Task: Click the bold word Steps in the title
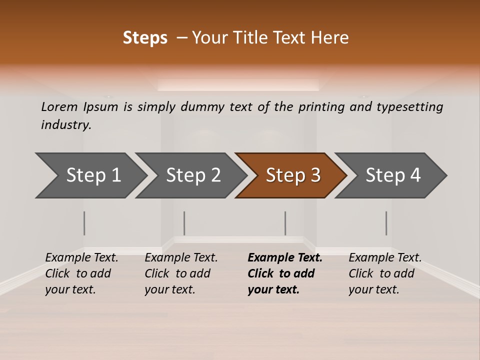pyautogui.click(x=145, y=38)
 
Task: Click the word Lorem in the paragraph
pyautogui.click(x=59, y=107)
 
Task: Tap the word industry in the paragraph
pyautogui.click(x=66, y=125)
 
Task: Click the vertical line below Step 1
pyautogui.click(x=84, y=223)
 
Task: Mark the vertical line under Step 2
pyautogui.click(x=184, y=223)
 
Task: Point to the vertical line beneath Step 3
pyautogui.click(x=285, y=223)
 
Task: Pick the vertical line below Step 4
pyautogui.click(x=386, y=223)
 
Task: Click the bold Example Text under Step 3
pyautogui.click(x=285, y=258)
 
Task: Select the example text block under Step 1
pyautogui.click(x=81, y=273)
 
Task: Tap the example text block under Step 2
pyautogui.click(x=181, y=273)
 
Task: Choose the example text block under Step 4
pyautogui.click(x=385, y=273)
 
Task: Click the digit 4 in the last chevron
pyautogui.click(x=415, y=175)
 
